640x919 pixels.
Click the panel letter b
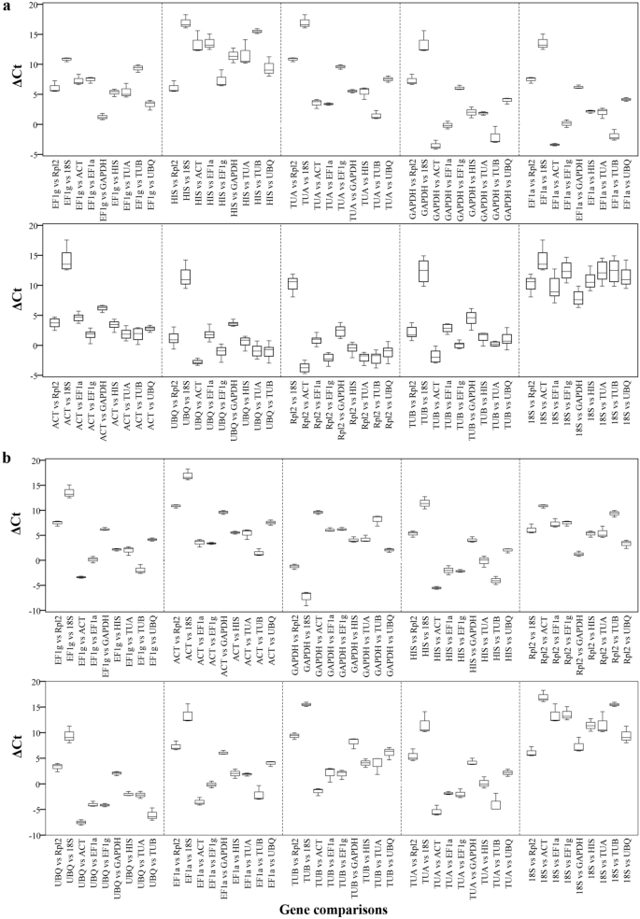8,458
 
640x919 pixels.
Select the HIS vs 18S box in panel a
185,23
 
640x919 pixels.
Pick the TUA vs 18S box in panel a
305,22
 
